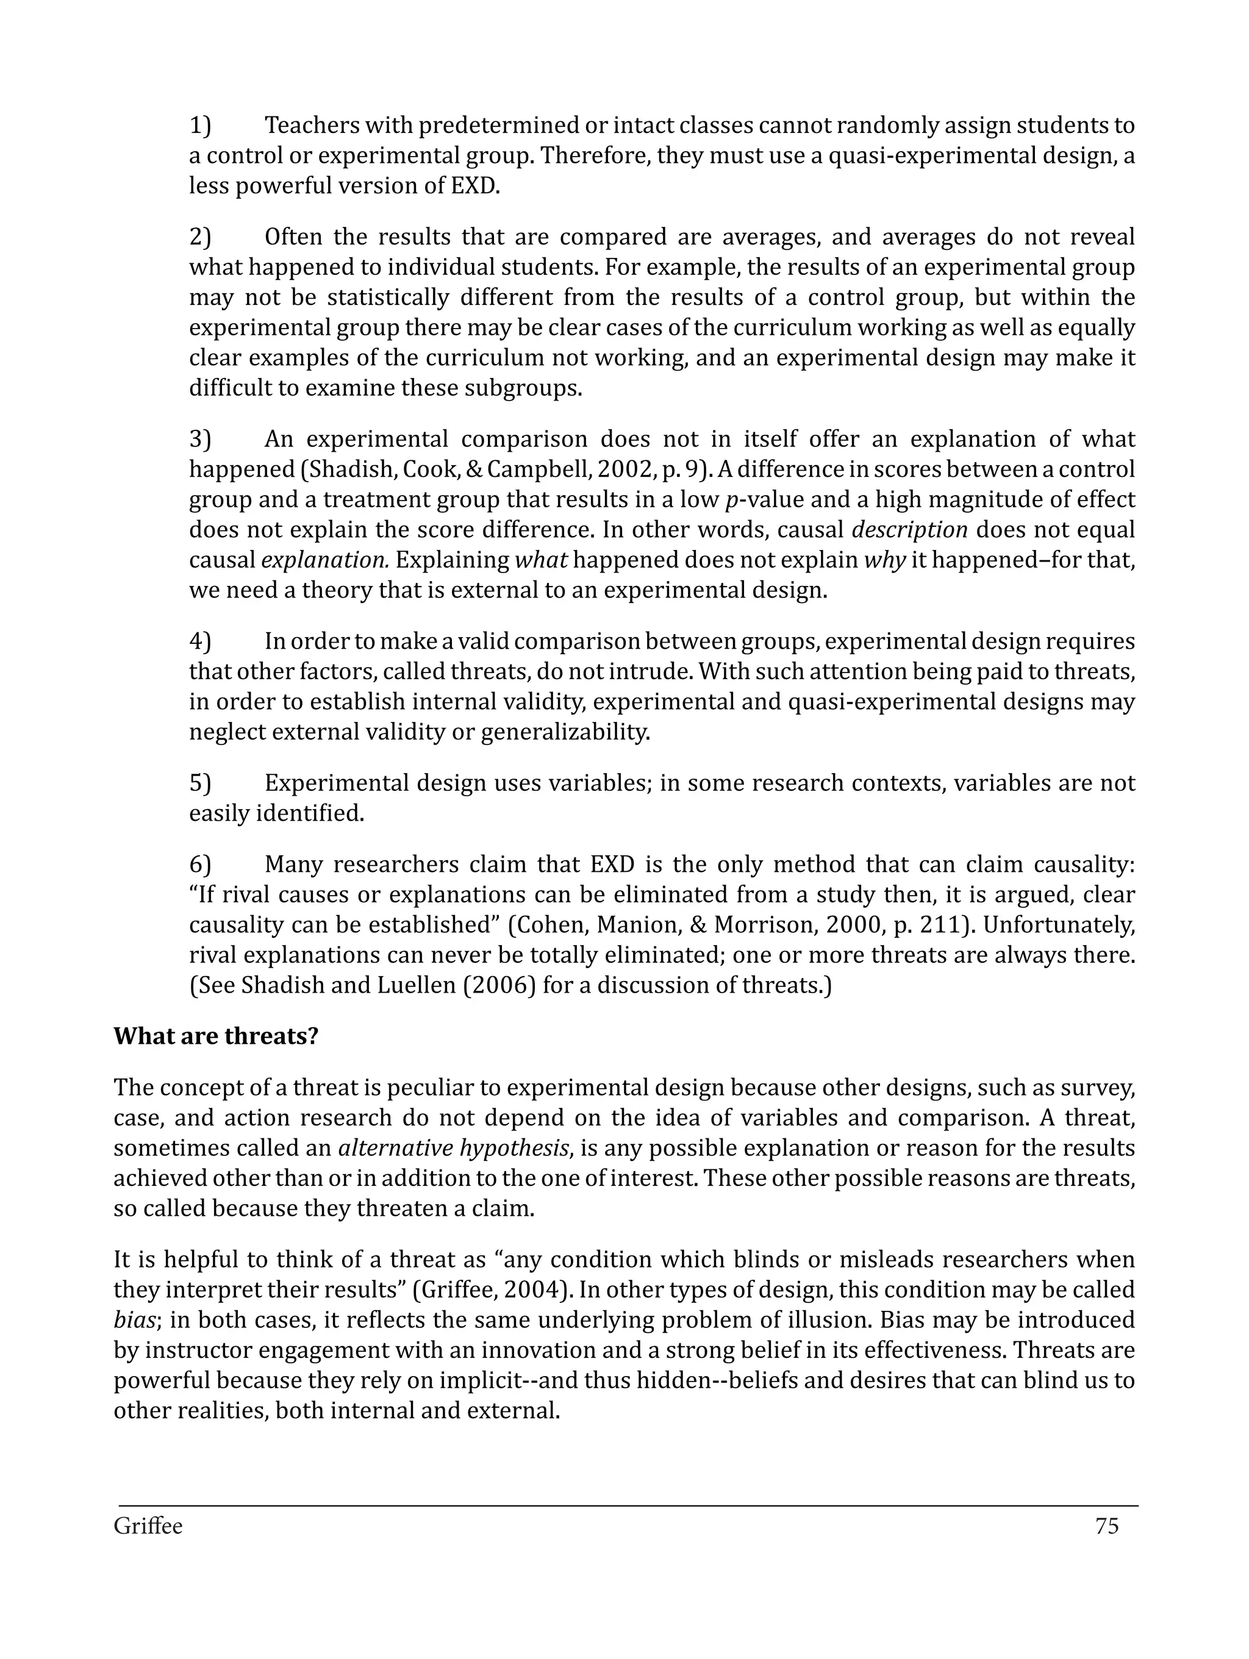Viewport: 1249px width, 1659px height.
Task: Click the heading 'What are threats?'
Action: (x=216, y=1036)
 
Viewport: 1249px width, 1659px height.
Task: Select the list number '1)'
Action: (x=199, y=125)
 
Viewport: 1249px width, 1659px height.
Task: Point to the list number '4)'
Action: (x=199, y=642)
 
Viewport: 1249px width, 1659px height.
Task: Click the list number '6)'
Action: (x=199, y=865)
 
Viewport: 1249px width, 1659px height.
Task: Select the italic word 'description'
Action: (x=909, y=530)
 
